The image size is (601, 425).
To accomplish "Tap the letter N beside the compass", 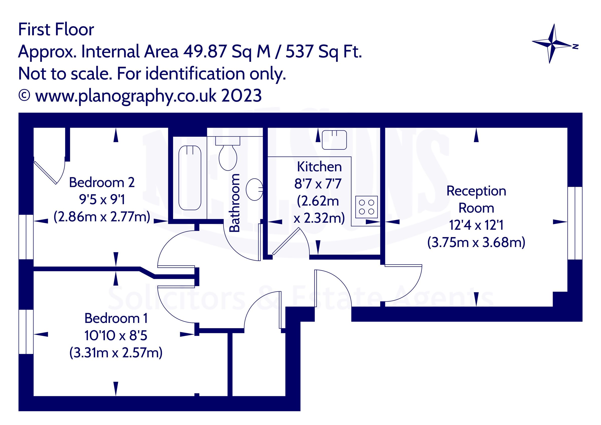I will tap(575, 47).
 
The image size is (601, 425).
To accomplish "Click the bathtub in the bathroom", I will tap(190, 178).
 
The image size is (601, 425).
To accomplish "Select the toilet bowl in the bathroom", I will tap(228, 158).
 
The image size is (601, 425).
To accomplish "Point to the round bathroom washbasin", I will tap(254, 189).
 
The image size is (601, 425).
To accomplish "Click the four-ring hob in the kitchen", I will tap(366, 207).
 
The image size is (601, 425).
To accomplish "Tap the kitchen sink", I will tap(334, 140).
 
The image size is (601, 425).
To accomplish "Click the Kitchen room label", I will tap(319, 167).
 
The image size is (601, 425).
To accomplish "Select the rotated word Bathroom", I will tap(234, 203).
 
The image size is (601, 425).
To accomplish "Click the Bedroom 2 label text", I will tap(102, 182).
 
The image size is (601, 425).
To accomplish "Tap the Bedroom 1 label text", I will tap(116, 318).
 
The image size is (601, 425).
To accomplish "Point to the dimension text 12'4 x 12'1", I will tap(476, 225).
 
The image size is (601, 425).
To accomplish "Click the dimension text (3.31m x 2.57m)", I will tap(116, 353).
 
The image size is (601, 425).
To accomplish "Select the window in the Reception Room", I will tap(575, 223).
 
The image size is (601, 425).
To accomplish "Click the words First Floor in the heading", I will tap(56, 30).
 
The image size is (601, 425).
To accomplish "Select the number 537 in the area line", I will tap(299, 52).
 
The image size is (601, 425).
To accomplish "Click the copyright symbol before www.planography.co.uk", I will tap(24, 96).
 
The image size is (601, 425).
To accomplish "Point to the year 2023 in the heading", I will tap(241, 96).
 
